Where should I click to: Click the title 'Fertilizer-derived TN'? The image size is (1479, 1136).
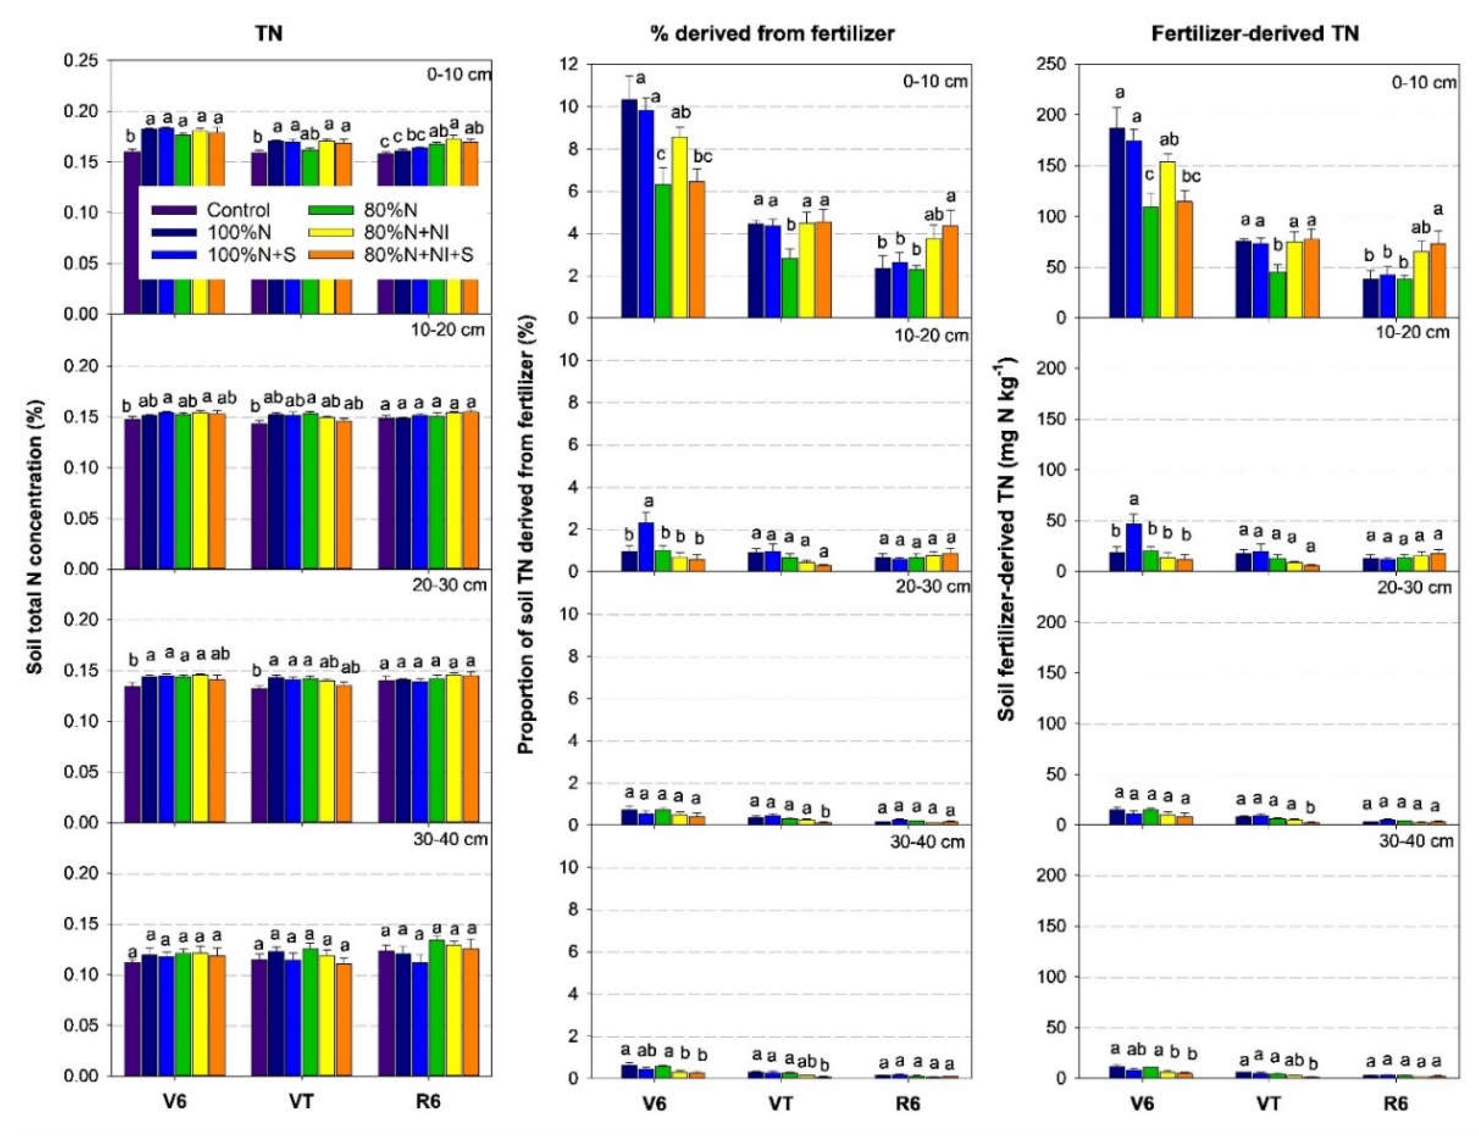tap(1255, 34)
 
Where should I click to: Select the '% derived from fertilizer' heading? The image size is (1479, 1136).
tap(772, 34)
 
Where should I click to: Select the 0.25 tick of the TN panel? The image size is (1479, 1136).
tap(81, 61)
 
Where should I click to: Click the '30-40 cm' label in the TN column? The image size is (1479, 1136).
tap(450, 839)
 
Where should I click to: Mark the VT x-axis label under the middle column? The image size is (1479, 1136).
tap(780, 1104)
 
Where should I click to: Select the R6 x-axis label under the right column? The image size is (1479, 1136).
tap(1395, 1104)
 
